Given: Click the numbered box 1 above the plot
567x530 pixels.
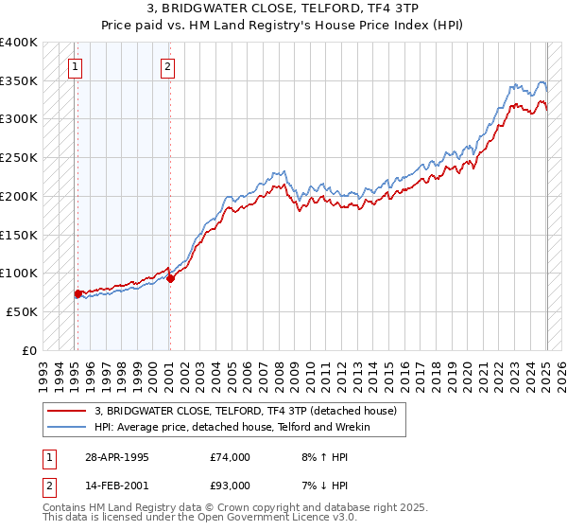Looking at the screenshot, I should (x=75, y=66).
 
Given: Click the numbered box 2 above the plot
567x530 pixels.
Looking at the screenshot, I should (x=167, y=66).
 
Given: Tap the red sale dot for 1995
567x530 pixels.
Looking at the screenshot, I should (x=77, y=293).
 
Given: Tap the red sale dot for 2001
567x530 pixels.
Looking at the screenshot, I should (x=170, y=278).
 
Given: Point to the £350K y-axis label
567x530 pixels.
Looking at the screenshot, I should (x=19, y=81).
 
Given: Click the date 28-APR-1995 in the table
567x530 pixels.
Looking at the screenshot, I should (x=117, y=458).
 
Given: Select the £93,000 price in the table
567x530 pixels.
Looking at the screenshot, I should (x=231, y=486).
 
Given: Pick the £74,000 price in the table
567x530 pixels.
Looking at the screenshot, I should (x=231, y=458).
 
